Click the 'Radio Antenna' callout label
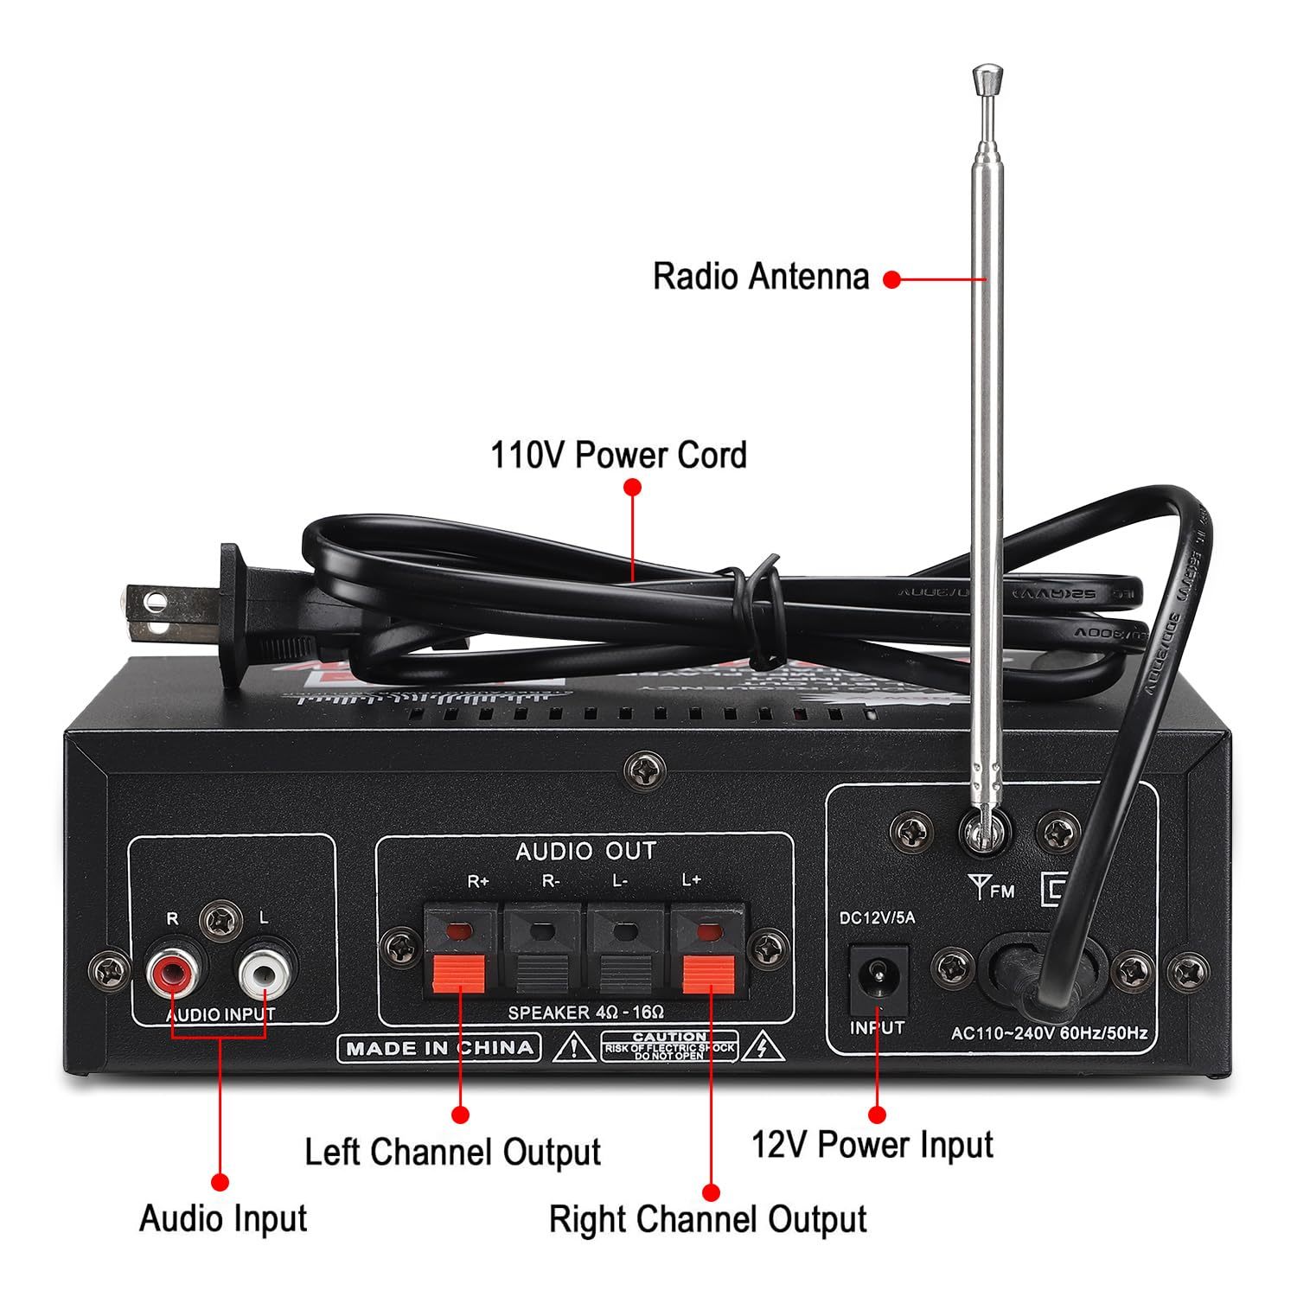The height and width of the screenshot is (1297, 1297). (x=760, y=277)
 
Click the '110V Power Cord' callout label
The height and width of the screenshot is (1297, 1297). (x=618, y=455)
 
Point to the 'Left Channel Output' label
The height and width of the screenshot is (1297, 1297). (x=452, y=1152)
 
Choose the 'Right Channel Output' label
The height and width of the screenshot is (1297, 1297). (x=707, y=1219)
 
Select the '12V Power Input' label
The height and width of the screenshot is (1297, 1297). (x=872, y=1144)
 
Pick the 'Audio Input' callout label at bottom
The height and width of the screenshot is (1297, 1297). (x=223, y=1218)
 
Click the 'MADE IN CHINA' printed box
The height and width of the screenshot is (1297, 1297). (x=439, y=1048)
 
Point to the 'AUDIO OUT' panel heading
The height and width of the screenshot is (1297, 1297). (x=585, y=852)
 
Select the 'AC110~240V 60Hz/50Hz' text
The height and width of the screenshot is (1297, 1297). (x=1049, y=1032)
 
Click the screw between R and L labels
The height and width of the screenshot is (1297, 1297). (x=220, y=921)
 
